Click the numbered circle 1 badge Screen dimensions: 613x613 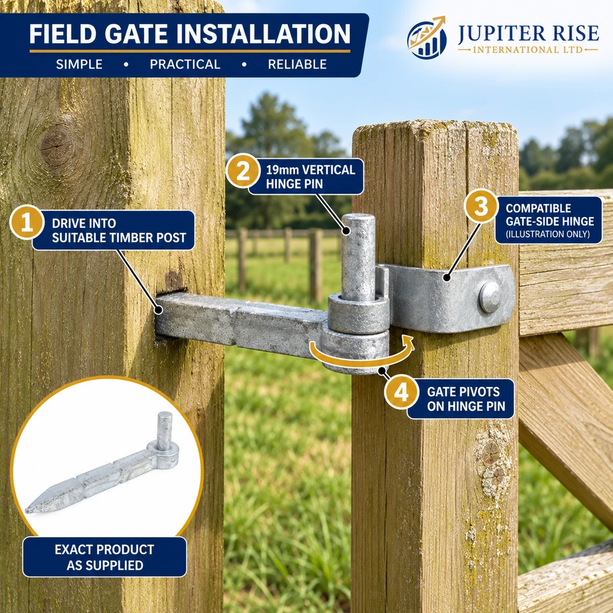[x=27, y=222]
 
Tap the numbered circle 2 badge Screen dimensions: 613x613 [x=243, y=171]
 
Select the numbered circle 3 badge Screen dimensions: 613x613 [x=481, y=206]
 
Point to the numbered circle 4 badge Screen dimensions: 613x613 [x=401, y=392]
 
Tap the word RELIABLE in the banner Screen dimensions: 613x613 [x=297, y=64]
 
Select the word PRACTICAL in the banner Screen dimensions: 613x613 [x=185, y=64]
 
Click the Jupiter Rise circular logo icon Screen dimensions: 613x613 [x=427, y=38]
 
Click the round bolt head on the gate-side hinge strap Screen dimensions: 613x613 [x=490, y=297]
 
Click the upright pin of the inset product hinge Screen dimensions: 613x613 [x=164, y=431]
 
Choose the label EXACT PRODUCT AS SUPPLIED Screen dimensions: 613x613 [x=104, y=557]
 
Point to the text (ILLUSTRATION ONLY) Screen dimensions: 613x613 [x=548, y=234]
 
